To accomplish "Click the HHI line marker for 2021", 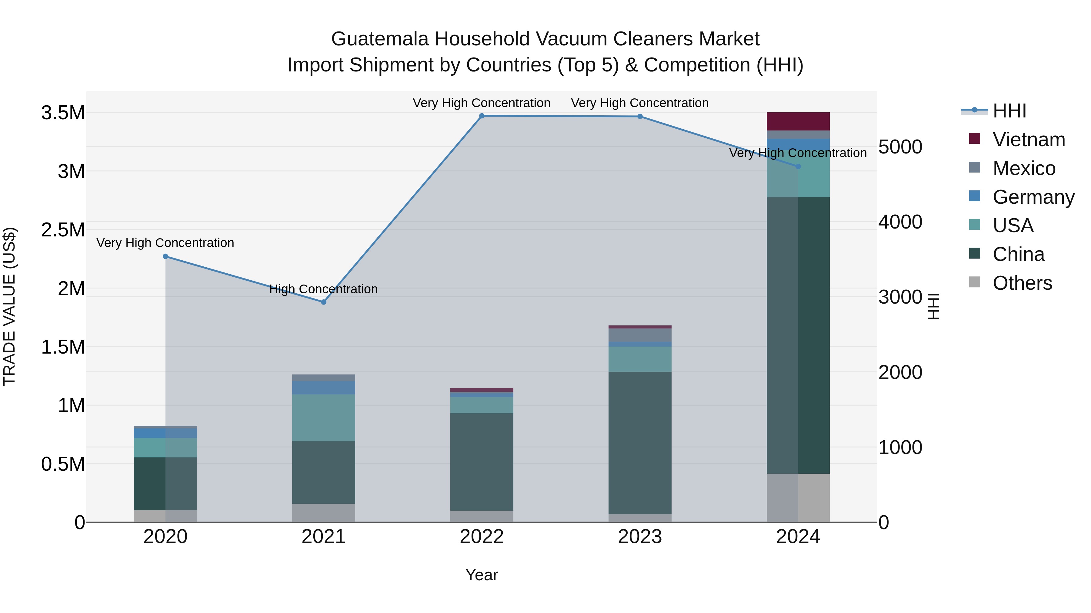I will click(324, 302).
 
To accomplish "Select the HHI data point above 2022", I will click(482, 116).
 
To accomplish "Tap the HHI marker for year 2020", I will click(165, 256).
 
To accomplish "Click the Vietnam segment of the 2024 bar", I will click(798, 121).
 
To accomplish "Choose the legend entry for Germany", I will click(1033, 197).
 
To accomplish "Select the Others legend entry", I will click(1022, 283).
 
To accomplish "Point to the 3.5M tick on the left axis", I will click(63, 113).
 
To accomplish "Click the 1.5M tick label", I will click(63, 347).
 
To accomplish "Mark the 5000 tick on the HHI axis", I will click(900, 147).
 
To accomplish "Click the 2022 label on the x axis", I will click(482, 537).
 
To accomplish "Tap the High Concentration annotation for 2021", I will click(324, 289).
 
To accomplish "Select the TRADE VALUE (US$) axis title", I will click(9, 306).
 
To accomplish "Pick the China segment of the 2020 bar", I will click(165, 483).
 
